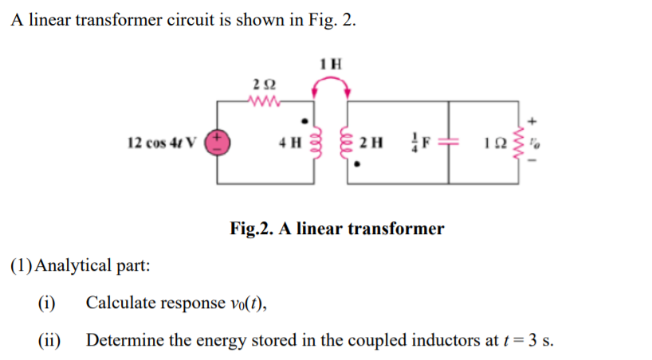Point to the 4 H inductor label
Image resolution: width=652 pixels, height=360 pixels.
(289, 144)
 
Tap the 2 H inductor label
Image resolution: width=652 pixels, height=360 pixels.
(371, 144)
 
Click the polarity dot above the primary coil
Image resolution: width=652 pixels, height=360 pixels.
(305, 122)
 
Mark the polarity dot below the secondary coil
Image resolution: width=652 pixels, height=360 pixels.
(358, 166)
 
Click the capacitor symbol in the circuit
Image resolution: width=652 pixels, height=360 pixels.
(449, 144)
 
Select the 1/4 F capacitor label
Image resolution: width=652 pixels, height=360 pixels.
(419, 144)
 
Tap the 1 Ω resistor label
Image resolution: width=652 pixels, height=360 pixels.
(493, 144)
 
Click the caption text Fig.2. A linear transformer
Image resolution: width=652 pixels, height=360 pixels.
(336, 229)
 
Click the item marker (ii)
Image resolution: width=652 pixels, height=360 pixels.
(50, 340)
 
